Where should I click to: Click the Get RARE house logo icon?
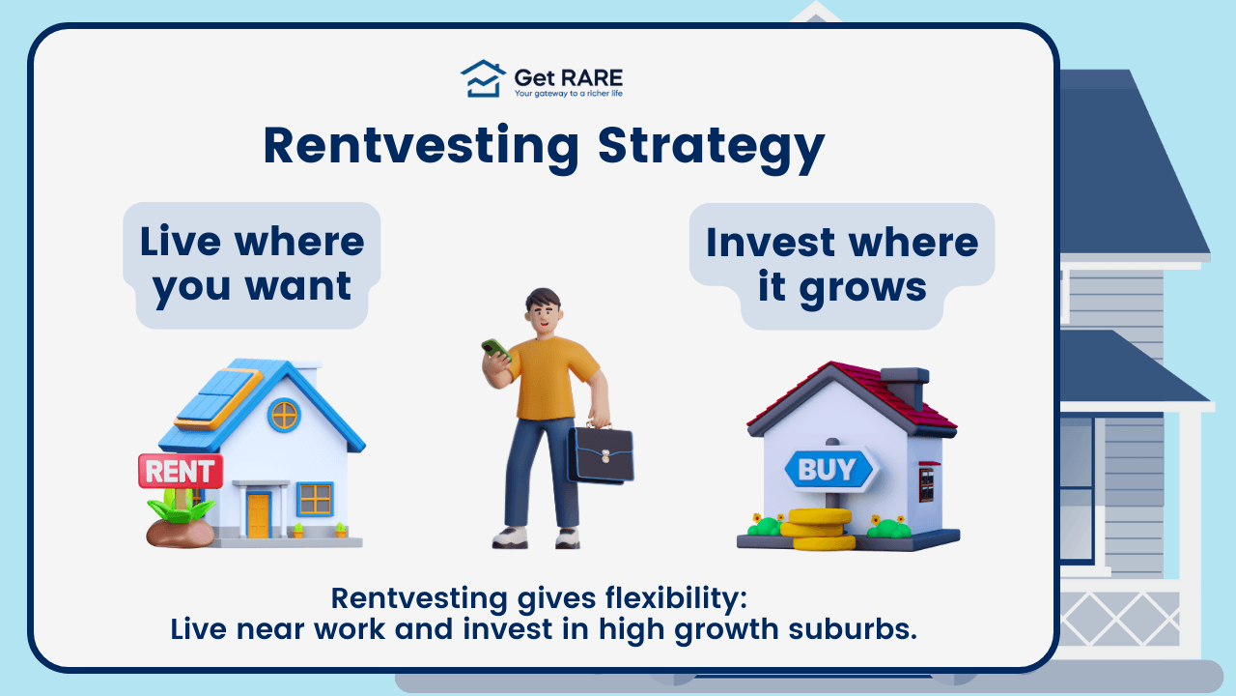coord(483,78)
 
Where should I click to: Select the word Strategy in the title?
coord(711,147)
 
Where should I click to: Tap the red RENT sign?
coord(181,471)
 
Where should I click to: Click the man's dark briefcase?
coord(600,454)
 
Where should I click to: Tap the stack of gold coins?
coord(817,529)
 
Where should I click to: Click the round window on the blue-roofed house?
coord(284,415)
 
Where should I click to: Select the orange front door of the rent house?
coord(258,515)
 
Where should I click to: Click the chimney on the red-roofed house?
coord(904,387)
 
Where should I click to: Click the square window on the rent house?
coord(315,499)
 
